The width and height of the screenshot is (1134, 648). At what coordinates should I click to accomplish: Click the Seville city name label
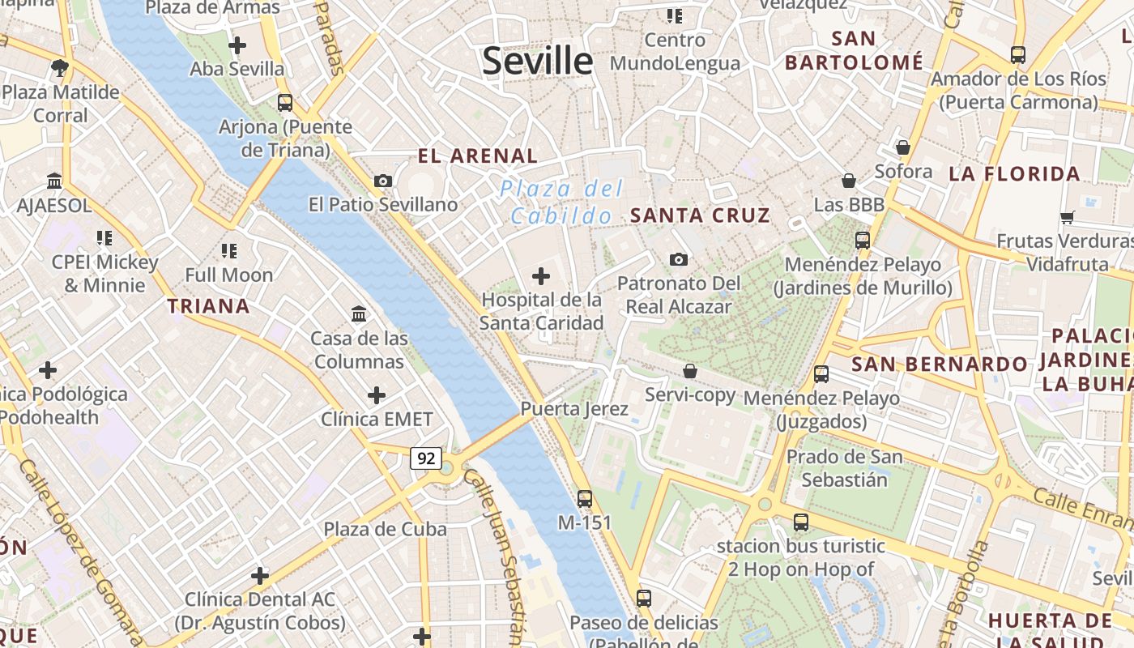(537, 62)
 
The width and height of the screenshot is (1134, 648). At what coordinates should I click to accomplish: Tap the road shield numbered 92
(425, 458)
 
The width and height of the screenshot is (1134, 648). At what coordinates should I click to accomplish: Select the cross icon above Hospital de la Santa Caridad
(540, 276)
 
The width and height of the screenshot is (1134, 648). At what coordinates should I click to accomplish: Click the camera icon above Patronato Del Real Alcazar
(679, 259)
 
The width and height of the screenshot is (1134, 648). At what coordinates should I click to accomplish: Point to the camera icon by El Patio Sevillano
(383, 181)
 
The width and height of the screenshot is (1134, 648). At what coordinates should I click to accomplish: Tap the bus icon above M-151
(585, 499)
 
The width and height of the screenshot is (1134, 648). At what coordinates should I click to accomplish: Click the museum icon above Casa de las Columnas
(359, 313)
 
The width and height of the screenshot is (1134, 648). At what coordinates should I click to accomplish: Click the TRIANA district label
(208, 306)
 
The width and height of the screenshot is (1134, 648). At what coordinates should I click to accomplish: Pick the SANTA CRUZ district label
(700, 215)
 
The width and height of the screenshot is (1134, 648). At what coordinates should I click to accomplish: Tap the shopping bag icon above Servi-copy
(690, 371)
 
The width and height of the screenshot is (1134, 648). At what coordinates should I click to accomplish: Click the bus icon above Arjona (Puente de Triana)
(285, 103)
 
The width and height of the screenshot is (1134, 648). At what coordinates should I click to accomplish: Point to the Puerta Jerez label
(574, 409)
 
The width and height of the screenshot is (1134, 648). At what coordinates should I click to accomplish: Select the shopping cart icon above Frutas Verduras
(1067, 217)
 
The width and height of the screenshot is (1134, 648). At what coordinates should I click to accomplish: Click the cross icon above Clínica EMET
(377, 395)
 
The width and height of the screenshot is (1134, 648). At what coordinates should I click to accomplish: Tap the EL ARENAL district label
(477, 156)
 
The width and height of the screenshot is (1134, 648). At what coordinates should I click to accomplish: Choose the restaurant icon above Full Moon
(229, 251)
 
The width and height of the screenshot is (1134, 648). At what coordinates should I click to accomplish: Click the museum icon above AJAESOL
(54, 181)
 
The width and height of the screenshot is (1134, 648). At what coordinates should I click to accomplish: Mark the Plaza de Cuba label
(385, 530)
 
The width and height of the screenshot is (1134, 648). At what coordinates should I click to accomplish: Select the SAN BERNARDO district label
(939, 364)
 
